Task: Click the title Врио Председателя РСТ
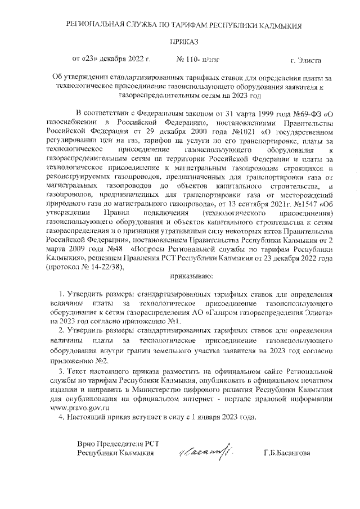115,443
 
